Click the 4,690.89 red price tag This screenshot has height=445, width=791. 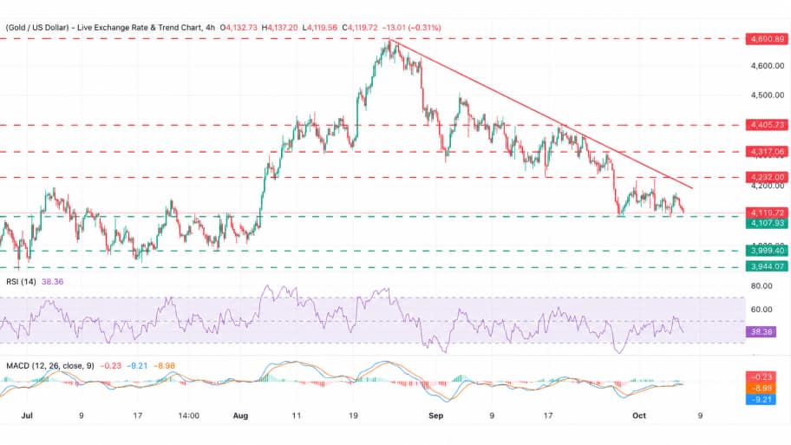pos(767,39)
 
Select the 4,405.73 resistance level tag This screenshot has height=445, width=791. pos(767,125)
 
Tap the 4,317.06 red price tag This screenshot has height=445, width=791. pos(767,151)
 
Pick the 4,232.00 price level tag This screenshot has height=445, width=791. pos(767,177)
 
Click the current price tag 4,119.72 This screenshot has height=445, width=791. pos(767,213)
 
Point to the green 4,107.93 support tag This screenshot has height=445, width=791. pos(767,223)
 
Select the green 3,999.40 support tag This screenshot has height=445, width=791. pos(767,251)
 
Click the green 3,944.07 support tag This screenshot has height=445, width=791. pos(767,266)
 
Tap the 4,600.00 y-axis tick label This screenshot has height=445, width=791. pos(768,66)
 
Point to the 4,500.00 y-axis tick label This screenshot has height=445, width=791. pos(768,95)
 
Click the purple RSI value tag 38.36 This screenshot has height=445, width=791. pos(761,332)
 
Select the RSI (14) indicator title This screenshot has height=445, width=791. pos(21,282)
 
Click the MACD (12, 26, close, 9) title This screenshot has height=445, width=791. pos(50,366)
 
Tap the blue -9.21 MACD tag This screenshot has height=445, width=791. pos(761,400)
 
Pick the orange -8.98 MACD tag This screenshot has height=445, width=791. pos(761,389)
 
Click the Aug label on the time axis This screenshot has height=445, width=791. pos(240,416)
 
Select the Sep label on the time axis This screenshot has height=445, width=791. pos(436,416)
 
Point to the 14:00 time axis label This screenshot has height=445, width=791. pos(189,416)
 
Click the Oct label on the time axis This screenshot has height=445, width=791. pos(639,416)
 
